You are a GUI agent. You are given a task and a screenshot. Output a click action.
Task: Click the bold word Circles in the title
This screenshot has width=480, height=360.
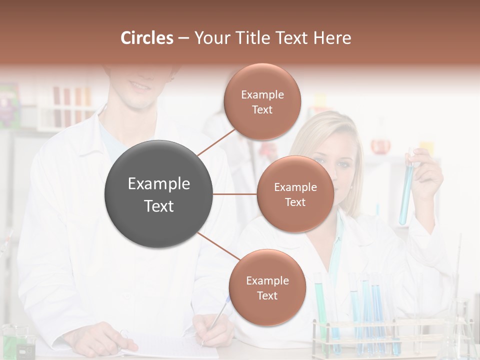point(147,38)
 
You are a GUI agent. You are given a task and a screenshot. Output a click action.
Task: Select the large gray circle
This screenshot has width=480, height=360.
point(158,194)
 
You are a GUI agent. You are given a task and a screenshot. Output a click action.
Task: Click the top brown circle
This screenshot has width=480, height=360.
point(262,101)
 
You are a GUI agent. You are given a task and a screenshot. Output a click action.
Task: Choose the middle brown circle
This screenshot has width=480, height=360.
point(295,194)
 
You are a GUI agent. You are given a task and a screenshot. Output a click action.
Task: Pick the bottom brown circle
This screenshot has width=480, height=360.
point(267,287)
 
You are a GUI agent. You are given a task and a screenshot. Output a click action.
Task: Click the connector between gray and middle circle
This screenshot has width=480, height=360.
point(234,194)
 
